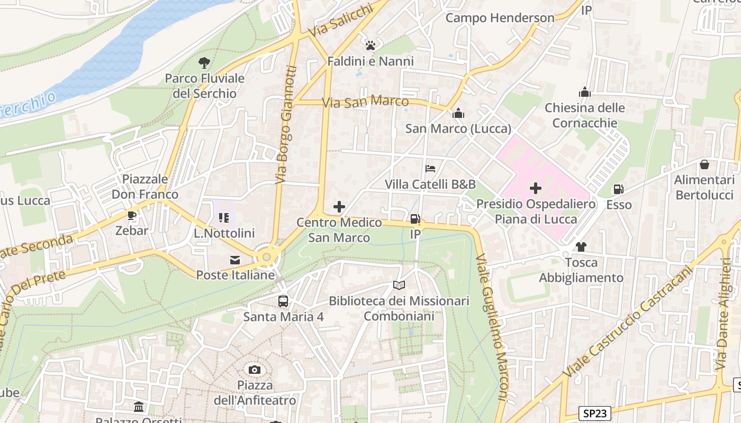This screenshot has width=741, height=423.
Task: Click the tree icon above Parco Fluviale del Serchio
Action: coord(204,63)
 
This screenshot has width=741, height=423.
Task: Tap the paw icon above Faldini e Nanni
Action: coord(370,45)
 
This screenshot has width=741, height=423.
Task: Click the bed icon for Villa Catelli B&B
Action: coord(430,169)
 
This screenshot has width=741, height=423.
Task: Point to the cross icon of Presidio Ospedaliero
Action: coord(536,188)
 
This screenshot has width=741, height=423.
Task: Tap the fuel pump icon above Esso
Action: coord(618,189)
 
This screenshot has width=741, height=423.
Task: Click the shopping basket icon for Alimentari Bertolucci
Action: coord(704,164)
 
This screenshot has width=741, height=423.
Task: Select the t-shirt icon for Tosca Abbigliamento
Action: coord(581,247)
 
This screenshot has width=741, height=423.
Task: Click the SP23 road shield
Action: coord(594,413)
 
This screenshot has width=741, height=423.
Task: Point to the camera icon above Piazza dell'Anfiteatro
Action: coord(255,370)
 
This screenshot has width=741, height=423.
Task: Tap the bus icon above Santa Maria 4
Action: coord(283,301)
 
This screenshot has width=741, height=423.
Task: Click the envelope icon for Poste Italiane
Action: coord(234,260)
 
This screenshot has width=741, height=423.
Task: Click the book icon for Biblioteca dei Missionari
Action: coord(399,286)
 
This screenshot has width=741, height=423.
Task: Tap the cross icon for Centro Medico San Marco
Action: coord(339,207)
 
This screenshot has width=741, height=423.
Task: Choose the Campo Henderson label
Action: coord(500,18)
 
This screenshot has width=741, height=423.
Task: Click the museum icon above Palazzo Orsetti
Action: coord(139,407)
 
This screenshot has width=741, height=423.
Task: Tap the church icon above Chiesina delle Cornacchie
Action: coord(584,93)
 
